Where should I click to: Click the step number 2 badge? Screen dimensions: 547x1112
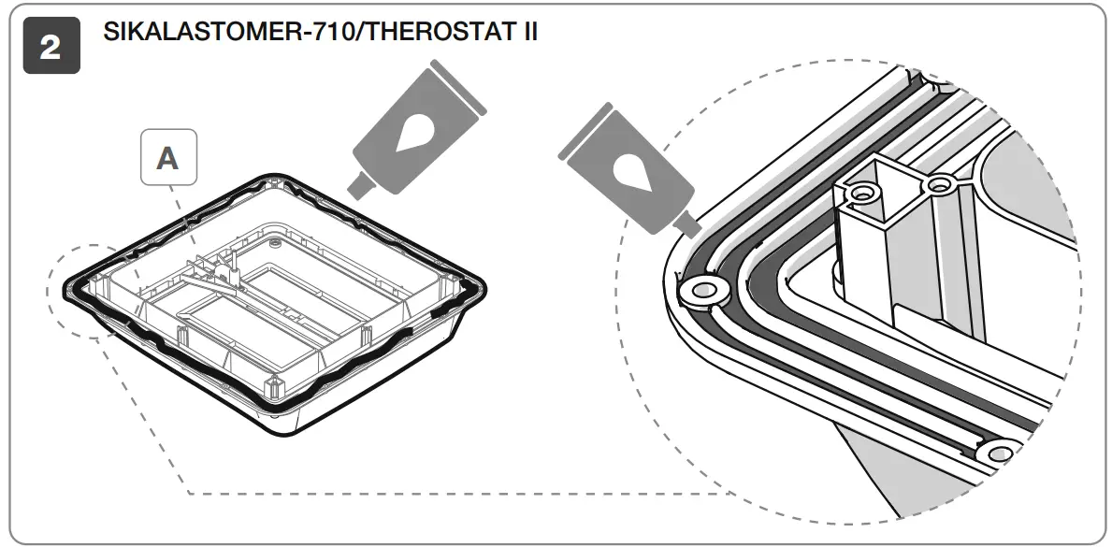pos(50,48)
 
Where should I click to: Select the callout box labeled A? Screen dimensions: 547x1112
pos(167,157)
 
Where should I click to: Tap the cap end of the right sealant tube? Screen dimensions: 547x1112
pos(593,121)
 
